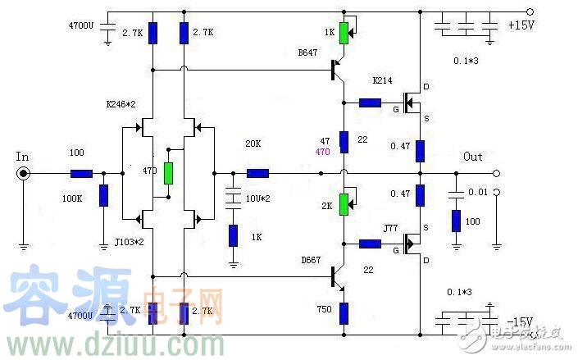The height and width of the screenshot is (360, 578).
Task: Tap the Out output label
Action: click(x=473, y=157)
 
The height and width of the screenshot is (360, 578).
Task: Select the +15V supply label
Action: click(x=521, y=25)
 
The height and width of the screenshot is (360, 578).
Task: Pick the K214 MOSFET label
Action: click(x=383, y=81)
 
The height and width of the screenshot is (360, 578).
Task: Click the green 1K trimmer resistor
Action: click(x=344, y=33)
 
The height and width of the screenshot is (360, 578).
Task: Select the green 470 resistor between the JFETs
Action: click(x=169, y=173)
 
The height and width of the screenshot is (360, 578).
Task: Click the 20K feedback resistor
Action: click(x=257, y=173)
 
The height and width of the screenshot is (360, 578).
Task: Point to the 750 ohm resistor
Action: click(x=344, y=312)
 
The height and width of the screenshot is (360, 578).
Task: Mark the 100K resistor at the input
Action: click(x=103, y=195)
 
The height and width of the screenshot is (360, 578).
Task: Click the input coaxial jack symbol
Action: click(x=24, y=173)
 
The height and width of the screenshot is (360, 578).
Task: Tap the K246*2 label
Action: click(x=121, y=105)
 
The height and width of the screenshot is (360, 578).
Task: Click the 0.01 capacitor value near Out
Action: click(x=477, y=192)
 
